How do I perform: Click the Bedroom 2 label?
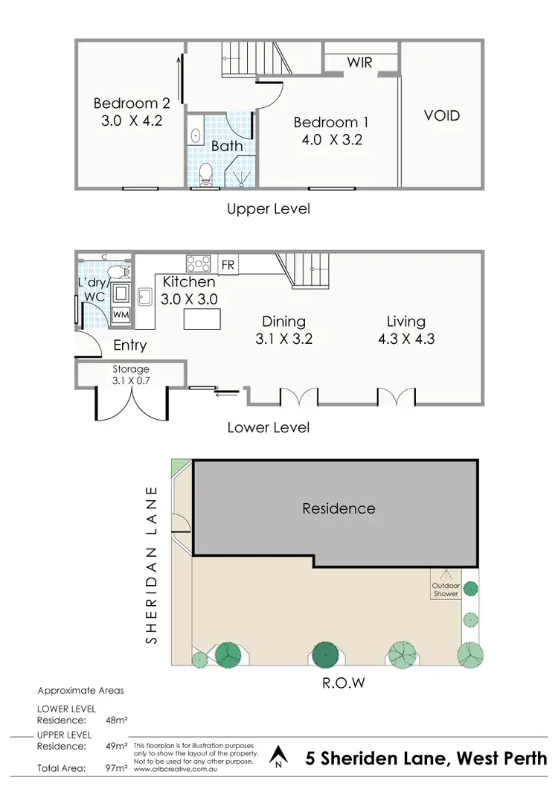(x=126, y=103)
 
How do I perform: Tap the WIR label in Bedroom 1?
(x=359, y=63)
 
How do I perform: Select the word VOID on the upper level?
(x=442, y=115)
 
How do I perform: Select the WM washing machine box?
(x=121, y=314)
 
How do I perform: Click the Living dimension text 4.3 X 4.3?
(x=405, y=339)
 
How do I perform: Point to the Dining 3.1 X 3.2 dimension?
(x=283, y=339)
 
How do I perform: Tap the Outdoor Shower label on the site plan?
(x=446, y=589)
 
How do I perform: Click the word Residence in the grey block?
(x=339, y=508)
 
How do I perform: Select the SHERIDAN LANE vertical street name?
(x=152, y=565)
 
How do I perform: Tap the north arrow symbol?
(x=278, y=756)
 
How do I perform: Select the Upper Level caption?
(x=268, y=208)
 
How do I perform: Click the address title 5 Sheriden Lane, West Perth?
(x=426, y=758)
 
